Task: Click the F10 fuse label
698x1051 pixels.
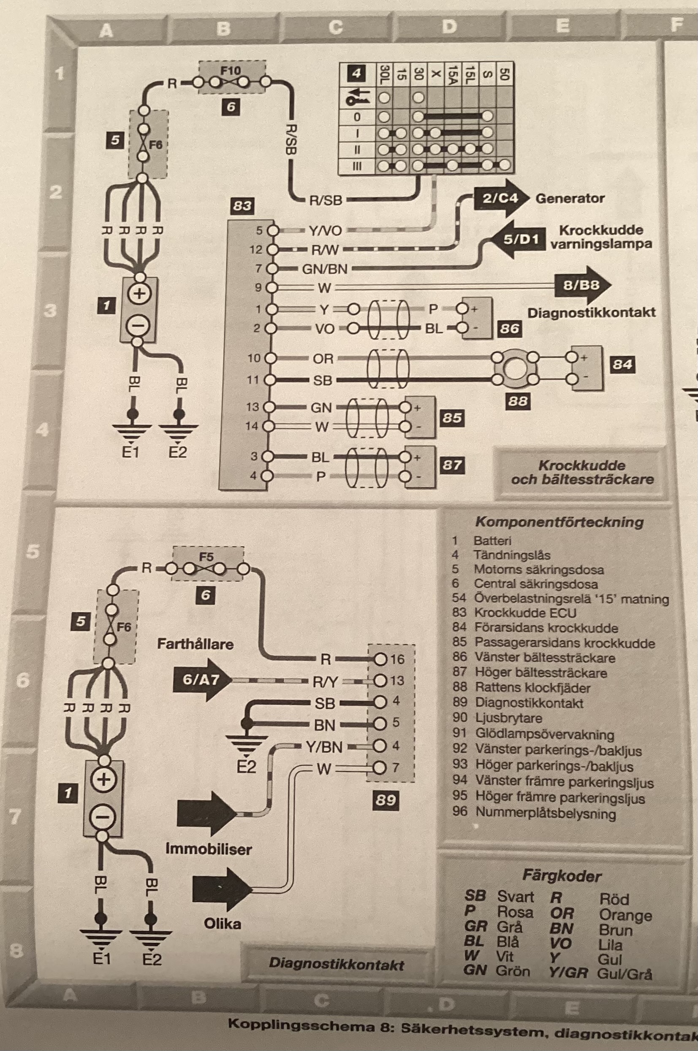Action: click(230, 70)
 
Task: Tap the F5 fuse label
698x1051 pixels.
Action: click(206, 557)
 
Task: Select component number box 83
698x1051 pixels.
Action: click(242, 206)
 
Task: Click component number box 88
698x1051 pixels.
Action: click(518, 401)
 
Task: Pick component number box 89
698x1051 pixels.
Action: click(385, 800)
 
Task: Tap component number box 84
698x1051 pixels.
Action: click(622, 365)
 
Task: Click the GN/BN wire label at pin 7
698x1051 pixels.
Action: click(325, 269)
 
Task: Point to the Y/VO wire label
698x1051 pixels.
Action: click(326, 230)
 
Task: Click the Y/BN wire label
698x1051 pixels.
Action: click(324, 747)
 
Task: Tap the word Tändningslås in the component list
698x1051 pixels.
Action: click(512, 555)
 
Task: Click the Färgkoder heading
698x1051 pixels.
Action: click(561, 876)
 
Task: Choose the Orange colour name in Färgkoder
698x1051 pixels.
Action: click(625, 915)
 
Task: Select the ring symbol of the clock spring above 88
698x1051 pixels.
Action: click(515, 369)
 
